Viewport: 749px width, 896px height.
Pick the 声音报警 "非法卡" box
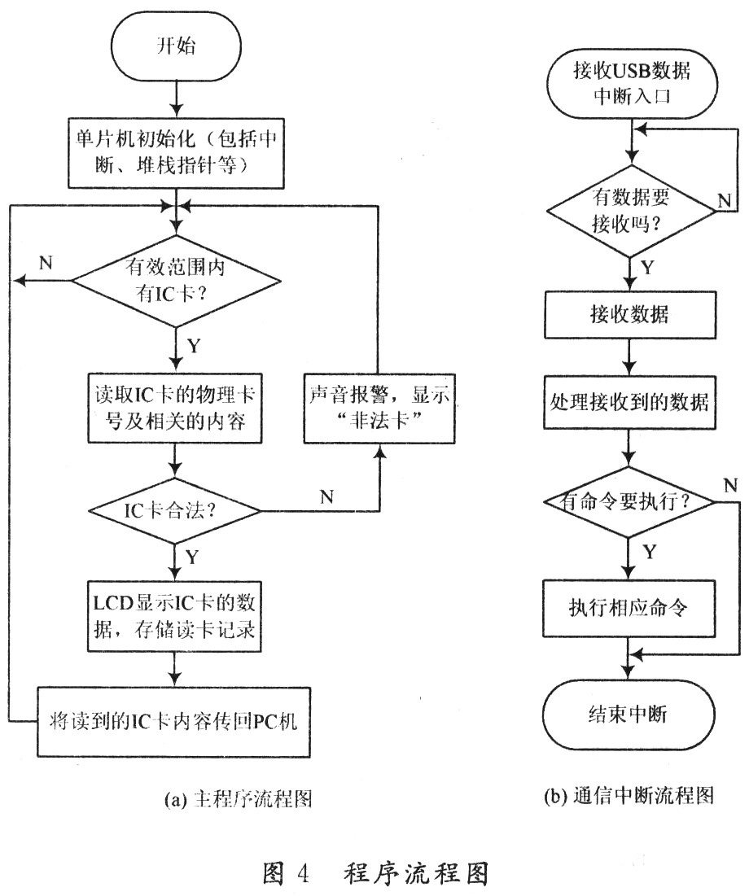[x=379, y=407]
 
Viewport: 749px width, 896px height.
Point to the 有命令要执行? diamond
[x=631, y=503]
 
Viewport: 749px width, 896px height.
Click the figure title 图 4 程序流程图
[x=375, y=873]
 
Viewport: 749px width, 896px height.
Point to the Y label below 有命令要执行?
[x=650, y=552]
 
